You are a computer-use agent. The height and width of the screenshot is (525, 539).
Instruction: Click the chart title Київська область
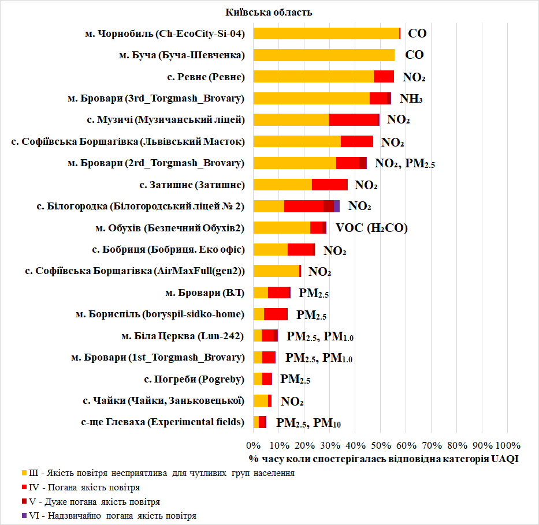click(270, 12)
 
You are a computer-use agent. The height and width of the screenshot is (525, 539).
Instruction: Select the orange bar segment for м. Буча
click(324, 55)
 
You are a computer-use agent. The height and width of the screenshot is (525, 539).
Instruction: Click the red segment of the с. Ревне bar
click(384, 77)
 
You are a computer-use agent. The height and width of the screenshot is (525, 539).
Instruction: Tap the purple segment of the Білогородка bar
click(336, 206)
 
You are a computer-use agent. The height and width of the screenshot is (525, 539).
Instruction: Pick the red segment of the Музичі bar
click(353, 119)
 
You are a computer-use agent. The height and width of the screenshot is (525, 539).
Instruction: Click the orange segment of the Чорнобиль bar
click(326, 33)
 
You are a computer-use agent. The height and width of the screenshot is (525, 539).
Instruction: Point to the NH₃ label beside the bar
click(411, 99)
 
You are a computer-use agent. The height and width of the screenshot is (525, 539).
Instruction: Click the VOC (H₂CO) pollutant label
click(371, 228)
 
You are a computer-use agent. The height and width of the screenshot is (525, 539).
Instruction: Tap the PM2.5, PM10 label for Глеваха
click(308, 423)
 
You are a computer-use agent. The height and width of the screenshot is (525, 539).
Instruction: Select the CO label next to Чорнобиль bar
click(417, 33)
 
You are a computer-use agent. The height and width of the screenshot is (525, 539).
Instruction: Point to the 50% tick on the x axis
click(380, 445)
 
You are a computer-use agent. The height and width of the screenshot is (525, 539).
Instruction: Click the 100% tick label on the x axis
click(507, 445)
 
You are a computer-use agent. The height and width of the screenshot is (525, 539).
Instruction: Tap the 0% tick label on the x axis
click(253, 445)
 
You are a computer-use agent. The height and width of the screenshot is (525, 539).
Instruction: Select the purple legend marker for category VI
click(24, 515)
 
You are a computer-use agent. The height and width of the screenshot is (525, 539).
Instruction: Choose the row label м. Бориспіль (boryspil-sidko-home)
click(160, 314)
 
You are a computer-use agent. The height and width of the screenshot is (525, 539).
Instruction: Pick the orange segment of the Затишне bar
click(282, 185)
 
